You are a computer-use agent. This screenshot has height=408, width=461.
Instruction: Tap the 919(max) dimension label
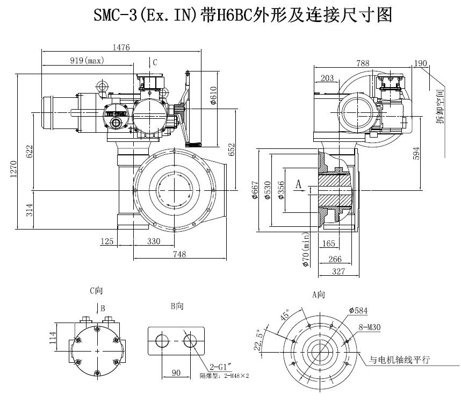(87, 61)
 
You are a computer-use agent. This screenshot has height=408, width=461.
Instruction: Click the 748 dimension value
(179, 254)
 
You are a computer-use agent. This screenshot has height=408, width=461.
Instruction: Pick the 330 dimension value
(154, 241)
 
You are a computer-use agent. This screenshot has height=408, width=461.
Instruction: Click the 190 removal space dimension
(420, 63)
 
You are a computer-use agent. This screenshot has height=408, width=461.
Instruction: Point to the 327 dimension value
(337, 271)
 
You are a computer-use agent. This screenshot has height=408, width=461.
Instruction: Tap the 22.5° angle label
(260, 340)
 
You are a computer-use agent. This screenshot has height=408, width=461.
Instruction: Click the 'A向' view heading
(319, 295)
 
